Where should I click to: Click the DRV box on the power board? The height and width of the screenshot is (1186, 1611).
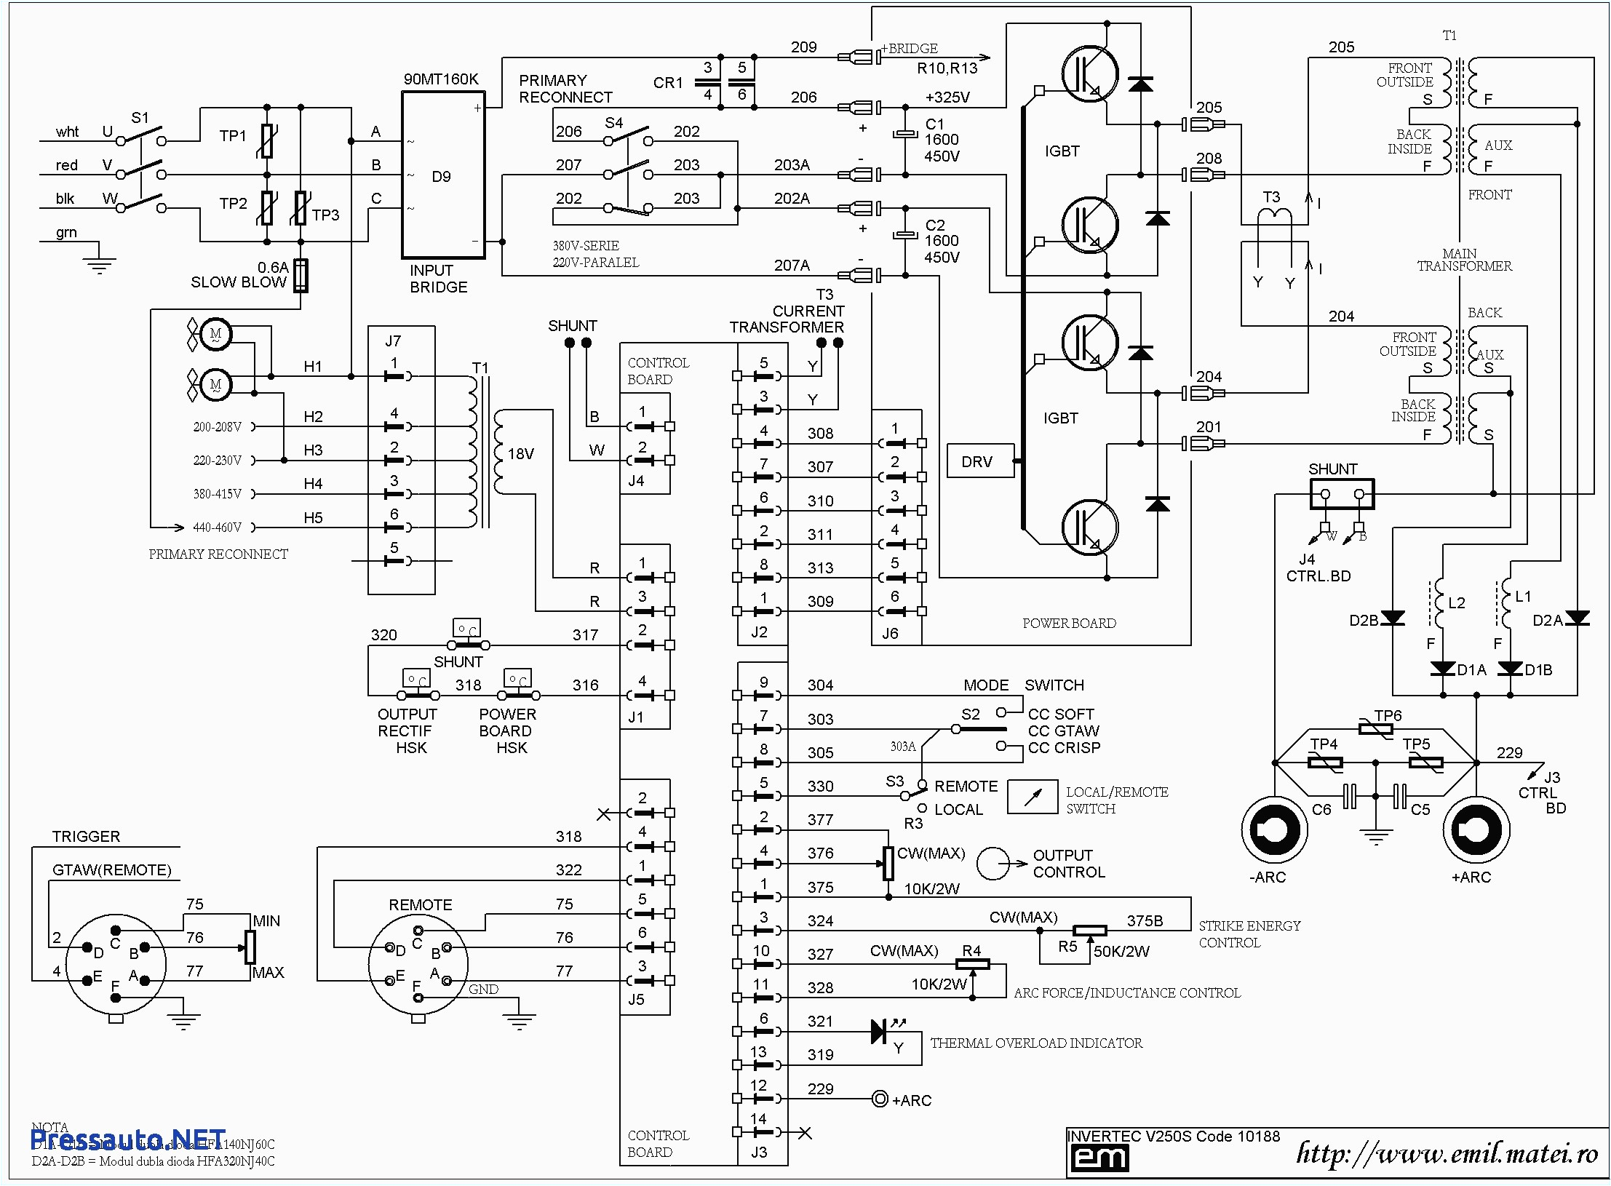coord(979,461)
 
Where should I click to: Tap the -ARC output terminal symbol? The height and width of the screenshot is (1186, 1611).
coord(1274,829)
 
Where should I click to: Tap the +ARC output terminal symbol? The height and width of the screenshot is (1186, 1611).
coord(1476,829)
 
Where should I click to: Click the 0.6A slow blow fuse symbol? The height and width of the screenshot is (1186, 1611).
coord(301,276)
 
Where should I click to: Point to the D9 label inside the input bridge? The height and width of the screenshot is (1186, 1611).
coord(441,177)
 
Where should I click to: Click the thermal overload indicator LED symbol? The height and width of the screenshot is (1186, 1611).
coord(880,1031)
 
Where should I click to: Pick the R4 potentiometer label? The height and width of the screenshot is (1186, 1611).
coord(971,950)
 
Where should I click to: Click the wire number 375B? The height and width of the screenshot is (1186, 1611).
coord(1145,920)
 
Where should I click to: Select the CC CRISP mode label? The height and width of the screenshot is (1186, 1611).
coord(1064,747)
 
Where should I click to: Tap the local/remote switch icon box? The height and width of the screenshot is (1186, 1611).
coord(1032,797)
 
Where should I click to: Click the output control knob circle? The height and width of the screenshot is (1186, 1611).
coord(993,864)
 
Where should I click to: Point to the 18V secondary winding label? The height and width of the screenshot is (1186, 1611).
coord(520,454)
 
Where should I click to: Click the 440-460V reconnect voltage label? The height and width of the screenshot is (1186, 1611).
coord(217,528)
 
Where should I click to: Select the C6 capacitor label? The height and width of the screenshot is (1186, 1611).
coord(1321,809)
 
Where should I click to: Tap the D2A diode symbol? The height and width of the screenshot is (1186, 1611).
coord(1577,618)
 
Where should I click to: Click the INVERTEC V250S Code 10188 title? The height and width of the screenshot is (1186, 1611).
coord(1173,1136)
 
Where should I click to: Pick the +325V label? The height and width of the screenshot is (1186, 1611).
coord(947,97)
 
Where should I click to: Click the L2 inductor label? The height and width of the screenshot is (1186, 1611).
coord(1457,602)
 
